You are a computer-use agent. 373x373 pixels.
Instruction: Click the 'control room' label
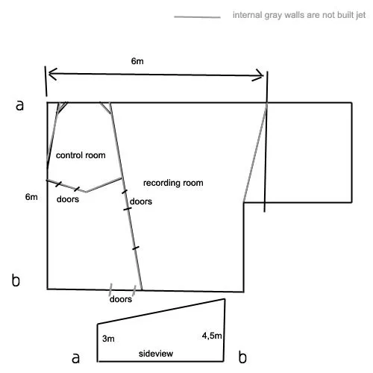coord(81,155)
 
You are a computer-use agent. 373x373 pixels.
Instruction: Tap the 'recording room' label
coord(173,183)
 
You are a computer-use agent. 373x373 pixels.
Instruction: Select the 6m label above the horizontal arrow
coord(137,61)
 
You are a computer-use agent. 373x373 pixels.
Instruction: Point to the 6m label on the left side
coord(31,197)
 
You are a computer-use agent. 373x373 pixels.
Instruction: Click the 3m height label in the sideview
coord(108,339)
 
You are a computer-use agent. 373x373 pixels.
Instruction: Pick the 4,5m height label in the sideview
coord(212,336)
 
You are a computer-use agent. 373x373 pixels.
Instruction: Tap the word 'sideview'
coord(156,354)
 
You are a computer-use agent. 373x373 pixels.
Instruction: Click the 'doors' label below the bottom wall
coord(121,299)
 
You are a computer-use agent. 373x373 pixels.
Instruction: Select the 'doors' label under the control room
coord(68,199)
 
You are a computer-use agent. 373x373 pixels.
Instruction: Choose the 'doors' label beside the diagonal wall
coord(141,201)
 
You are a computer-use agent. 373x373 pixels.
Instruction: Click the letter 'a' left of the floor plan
coord(19,105)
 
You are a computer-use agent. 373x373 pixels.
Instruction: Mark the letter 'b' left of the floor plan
coord(16,280)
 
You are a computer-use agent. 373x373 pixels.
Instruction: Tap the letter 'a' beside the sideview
coord(75,358)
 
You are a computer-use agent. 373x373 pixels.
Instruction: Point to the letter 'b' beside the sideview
coord(242,357)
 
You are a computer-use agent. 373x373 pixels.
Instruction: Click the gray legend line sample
coord(197,17)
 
